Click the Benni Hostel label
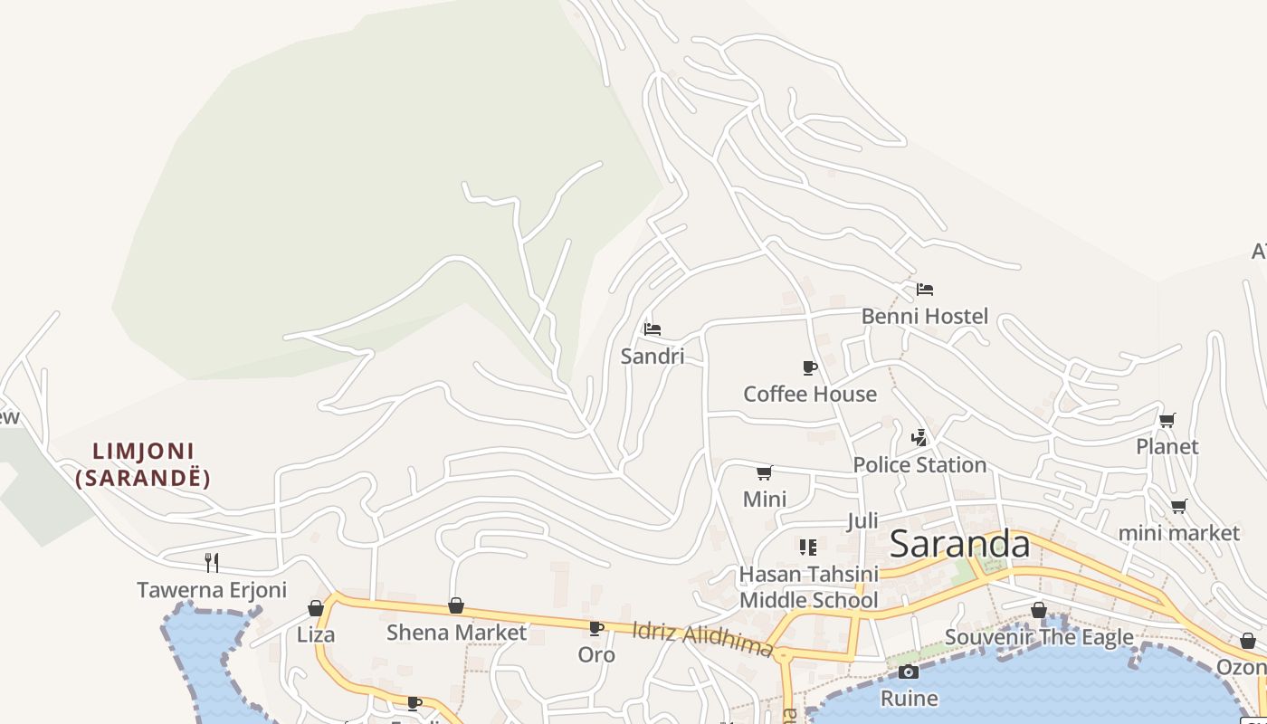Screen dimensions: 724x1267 tap(924, 316)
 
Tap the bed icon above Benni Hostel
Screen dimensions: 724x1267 tap(924, 290)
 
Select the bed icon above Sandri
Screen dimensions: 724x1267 tap(653, 329)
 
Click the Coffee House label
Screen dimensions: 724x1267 tap(810, 394)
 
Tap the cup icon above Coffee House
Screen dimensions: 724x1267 tap(810, 367)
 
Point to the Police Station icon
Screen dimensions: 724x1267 tap(919, 438)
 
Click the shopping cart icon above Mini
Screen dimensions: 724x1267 tap(764, 472)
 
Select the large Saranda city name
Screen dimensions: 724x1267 tap(959, 544)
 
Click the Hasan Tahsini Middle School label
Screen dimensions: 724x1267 tap(808, 586)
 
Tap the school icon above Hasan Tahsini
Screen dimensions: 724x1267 tap(808, 547)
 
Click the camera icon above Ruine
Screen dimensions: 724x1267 tap(909, 672)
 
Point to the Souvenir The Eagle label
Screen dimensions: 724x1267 tap(1039, 637)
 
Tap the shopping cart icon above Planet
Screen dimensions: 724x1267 tap(1167, 420)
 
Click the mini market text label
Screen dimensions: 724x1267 tap(1178, 533)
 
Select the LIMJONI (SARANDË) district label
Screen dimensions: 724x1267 tap(143, 464)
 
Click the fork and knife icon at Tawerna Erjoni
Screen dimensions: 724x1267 tap(211, 563)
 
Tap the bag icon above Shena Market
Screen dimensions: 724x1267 tap(456, 605)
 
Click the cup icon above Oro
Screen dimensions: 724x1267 tap(595, 628)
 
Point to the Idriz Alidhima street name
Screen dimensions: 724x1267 tap(702, 638)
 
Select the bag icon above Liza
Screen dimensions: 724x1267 tap(316, 608)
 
